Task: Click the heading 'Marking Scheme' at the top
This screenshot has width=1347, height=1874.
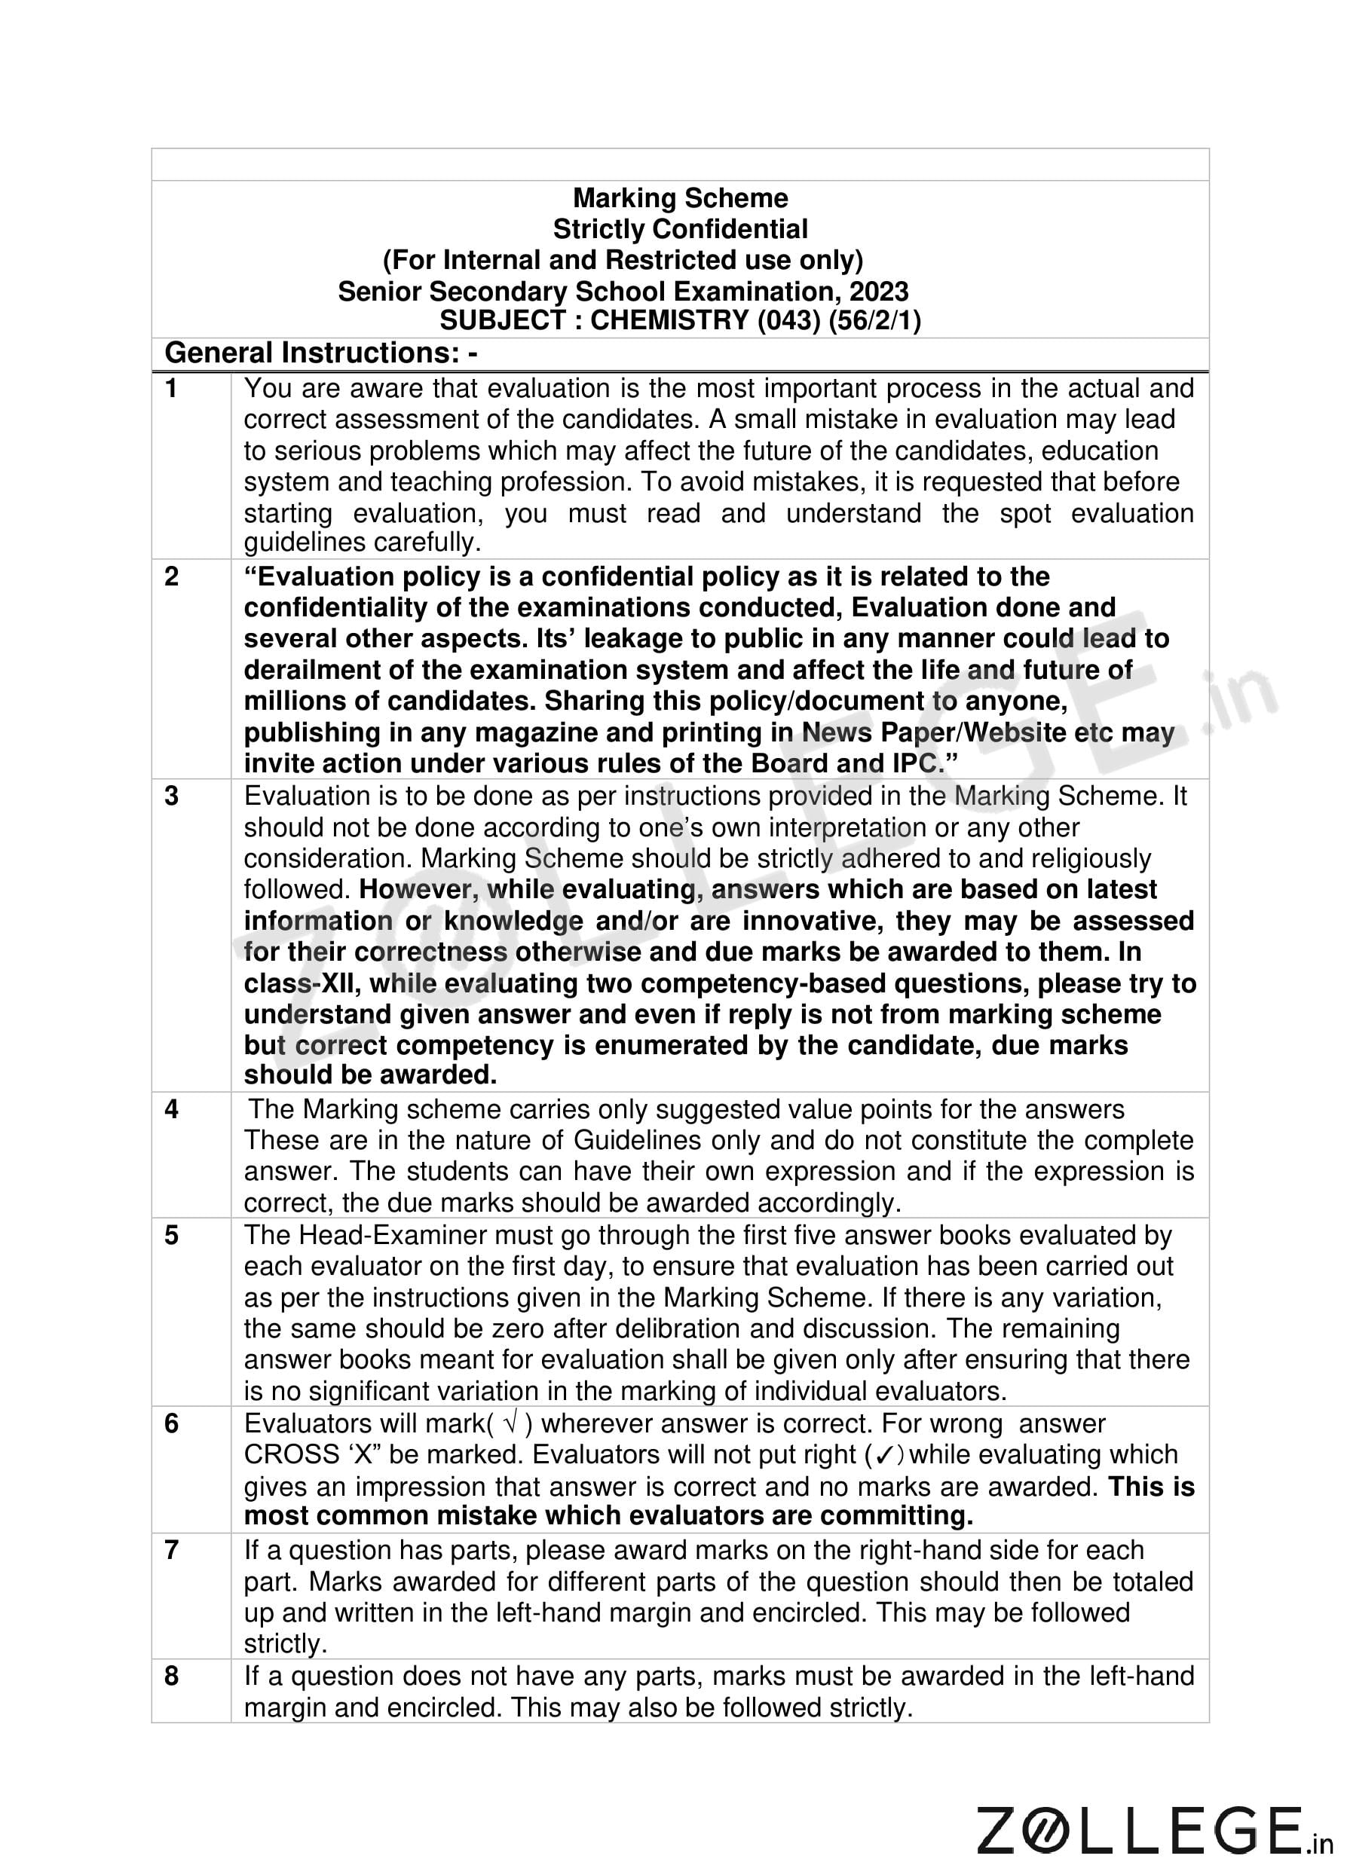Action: coord(680,198)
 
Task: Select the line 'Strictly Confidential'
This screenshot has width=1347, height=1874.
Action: coord(680,229)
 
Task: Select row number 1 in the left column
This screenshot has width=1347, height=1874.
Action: coord(171,388)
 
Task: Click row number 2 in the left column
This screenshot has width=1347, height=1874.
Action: coord(171,576)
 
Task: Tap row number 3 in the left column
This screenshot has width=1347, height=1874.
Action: coord(171,796)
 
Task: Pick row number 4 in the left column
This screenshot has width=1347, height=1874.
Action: coord(171,1109)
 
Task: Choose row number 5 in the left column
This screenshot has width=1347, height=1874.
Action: coord(171,1235)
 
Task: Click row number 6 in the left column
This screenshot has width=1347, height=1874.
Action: coord(171,1423)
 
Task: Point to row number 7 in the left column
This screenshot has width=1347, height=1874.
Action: coord(171,1550)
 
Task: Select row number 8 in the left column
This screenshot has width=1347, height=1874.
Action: coord(171,1676)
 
